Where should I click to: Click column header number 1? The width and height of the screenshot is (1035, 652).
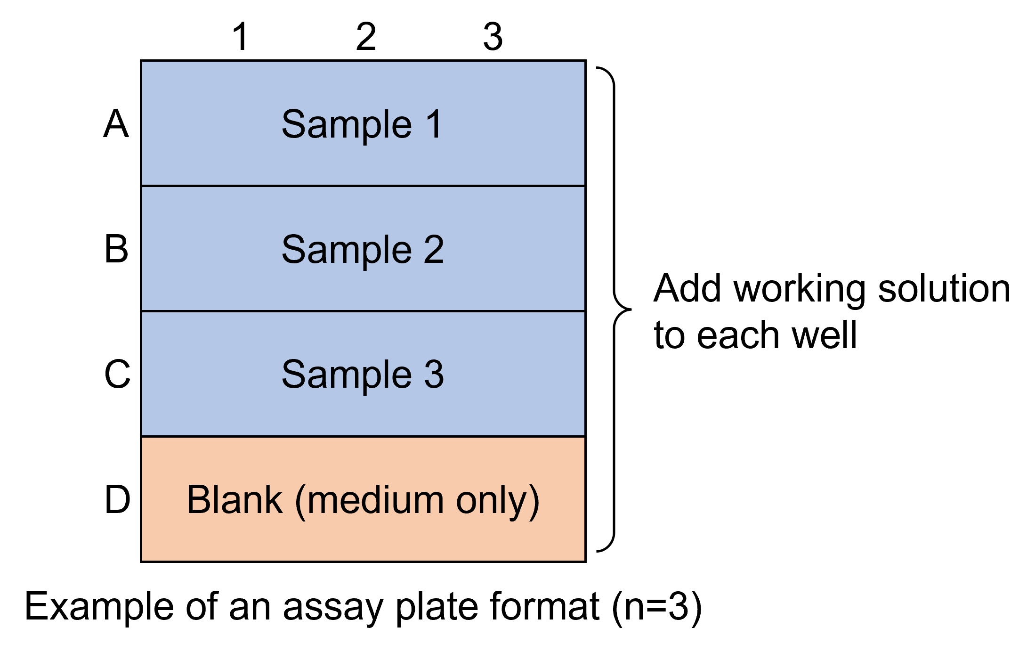click(x=241, y=36)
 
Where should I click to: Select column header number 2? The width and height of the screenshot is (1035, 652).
click(x=366, y=36)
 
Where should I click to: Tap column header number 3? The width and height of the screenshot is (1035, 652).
click(x=493, y=36)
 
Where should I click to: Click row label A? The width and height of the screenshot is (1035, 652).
click(x=116, y=123)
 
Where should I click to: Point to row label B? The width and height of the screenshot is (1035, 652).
click(x=116, y=249)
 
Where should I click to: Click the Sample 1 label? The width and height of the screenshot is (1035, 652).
click(x=362, y=124)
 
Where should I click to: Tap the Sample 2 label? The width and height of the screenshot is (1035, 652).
click(x=363, y=250)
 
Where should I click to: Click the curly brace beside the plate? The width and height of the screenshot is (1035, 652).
click(x=614, y=310)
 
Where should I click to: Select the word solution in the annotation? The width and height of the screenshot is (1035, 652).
click(x=944, y=288)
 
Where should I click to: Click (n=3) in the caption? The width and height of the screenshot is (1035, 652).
click(x=657, y=608)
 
